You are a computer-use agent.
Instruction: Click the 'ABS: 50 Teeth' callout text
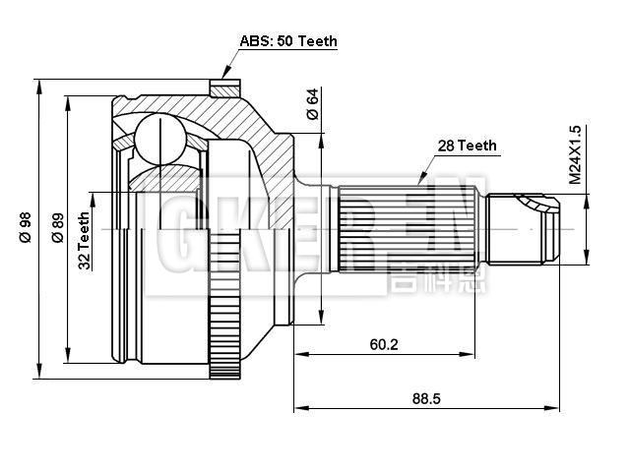(288, 41)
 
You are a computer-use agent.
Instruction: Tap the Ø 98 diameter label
(26, 227)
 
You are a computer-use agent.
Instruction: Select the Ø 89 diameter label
(57, 227)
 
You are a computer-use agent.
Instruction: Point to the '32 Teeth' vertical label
(85, 240)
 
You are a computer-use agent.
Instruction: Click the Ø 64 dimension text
(312, 104)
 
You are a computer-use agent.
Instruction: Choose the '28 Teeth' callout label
(467, 146)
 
